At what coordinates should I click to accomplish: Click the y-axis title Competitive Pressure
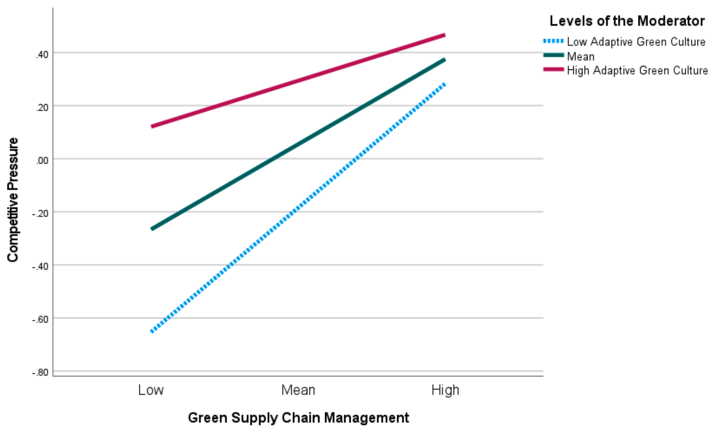(x=13, y=200)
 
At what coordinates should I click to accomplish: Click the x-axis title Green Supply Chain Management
(x=298, y=418)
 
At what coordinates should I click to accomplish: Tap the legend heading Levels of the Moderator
(x=627, y=21)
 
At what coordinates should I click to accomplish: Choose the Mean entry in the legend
(x=581, y=56)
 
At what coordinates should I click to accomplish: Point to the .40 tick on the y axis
(x=42, y=54)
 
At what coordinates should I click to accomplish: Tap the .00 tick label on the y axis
(x=42, y=160)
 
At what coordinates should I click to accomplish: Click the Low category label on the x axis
(x=151, y=390)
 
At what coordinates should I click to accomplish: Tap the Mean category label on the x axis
(x=298, y=390)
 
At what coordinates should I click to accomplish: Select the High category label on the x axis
(x=445, y=390)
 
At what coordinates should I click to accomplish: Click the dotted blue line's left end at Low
(x=152, y=331)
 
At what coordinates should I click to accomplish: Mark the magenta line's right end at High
(x=444, y=35)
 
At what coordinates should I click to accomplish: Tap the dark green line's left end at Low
(x=152, y=229)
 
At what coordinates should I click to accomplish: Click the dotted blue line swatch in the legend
(x=553, y=41)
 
